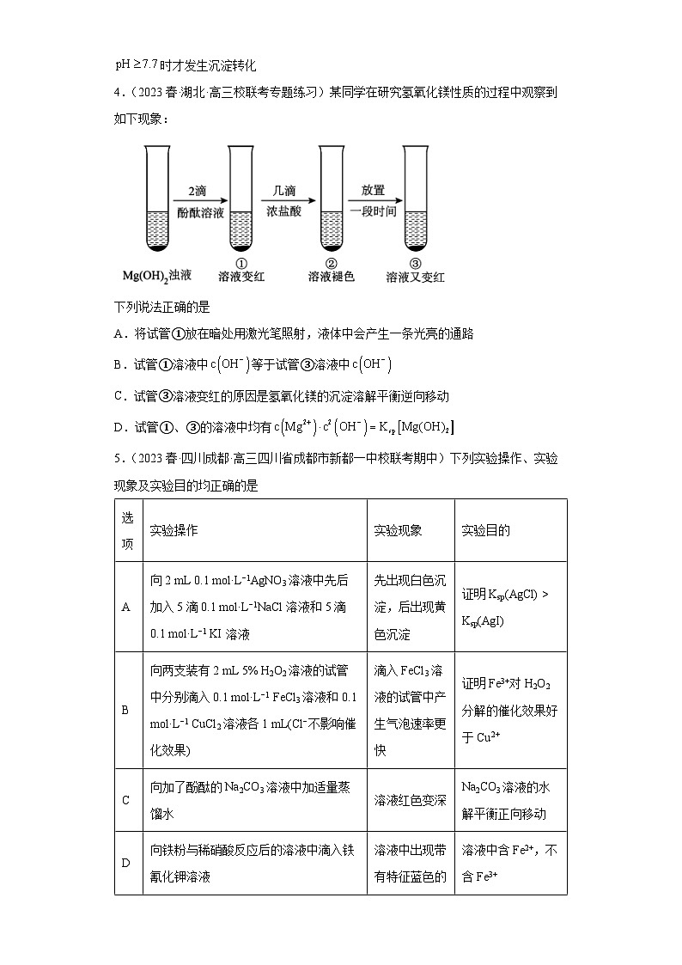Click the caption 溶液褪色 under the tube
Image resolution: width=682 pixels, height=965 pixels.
[332, 277]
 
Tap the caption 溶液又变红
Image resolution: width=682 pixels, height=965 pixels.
[416, 277]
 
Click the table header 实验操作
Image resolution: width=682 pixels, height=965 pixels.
[174, 530]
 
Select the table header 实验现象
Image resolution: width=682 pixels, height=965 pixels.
[398, 530]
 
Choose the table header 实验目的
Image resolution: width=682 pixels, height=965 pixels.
[485, 530]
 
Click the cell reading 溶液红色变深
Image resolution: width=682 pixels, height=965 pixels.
[410, 800]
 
